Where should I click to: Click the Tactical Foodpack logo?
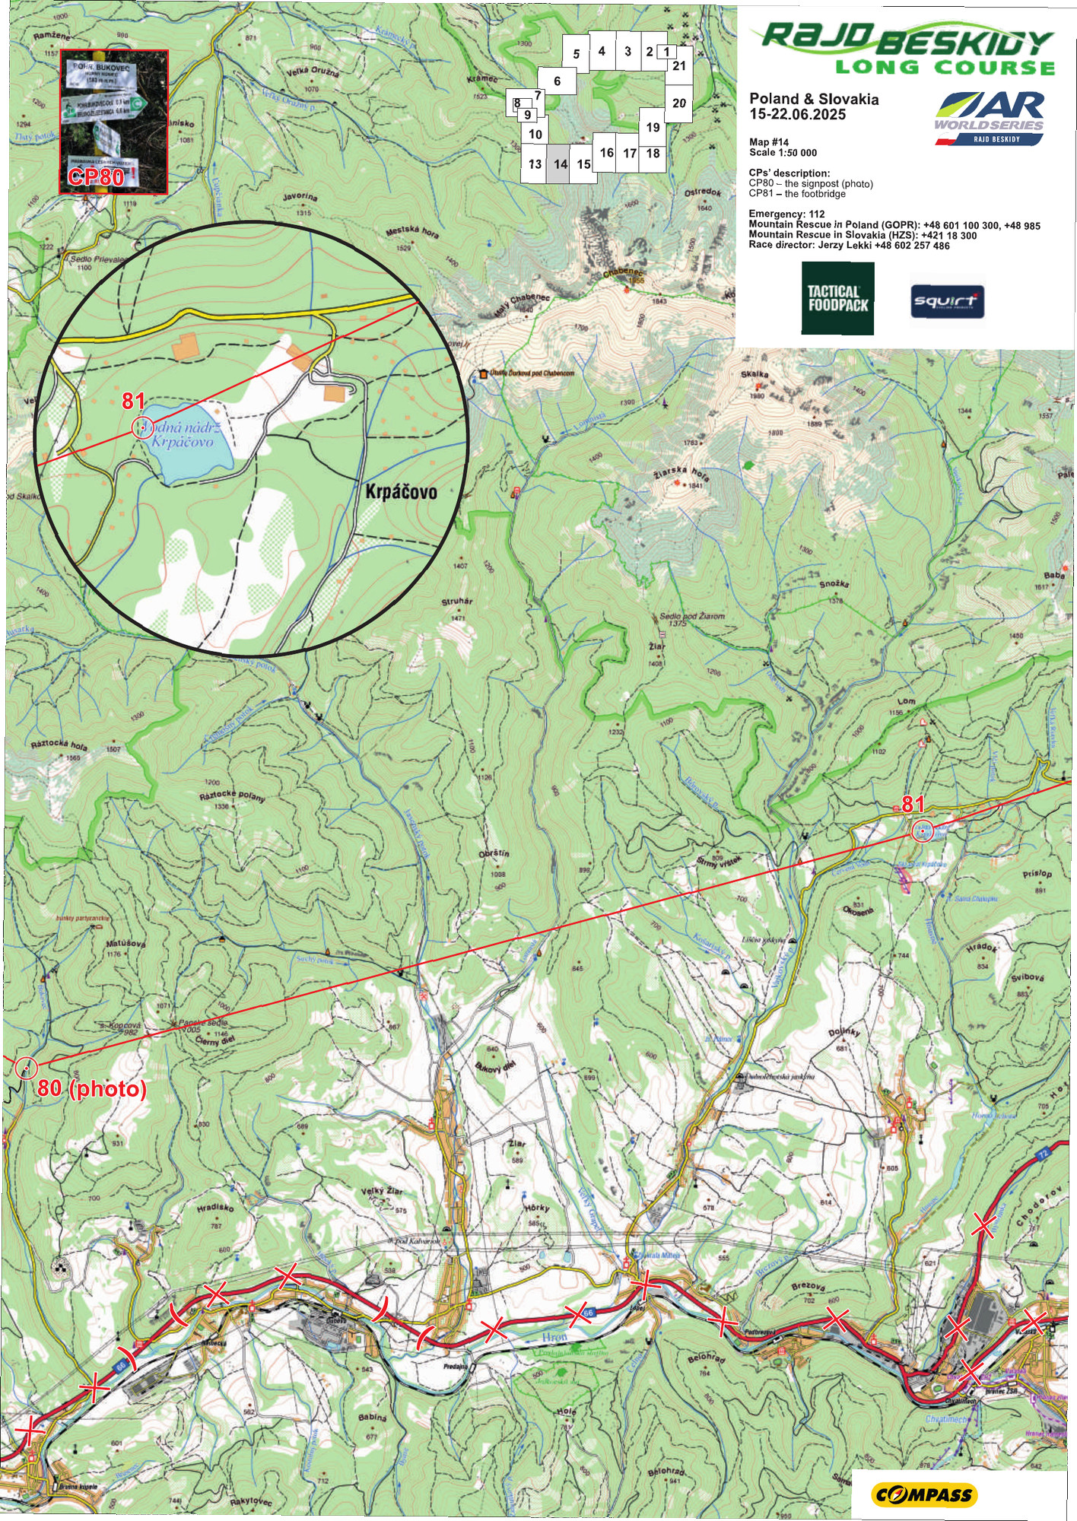[x=837, y=298]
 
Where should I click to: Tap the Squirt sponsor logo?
[x=948, y=302]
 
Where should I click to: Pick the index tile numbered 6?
[x=558, y=81]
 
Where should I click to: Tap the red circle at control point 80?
[x=26, y=1068]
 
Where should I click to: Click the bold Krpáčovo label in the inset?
[x=401, y=492]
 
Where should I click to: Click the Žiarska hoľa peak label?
[x=681, y=477]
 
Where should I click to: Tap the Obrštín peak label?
[x=494, y=853]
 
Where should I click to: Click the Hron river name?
[x=554, y=1336]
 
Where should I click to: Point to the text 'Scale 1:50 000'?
[x=783, y=153]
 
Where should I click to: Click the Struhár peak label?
[x=456, y=602]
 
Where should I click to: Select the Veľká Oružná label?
[x=312, y=73]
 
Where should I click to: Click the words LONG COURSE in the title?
[x=945, y=68]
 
